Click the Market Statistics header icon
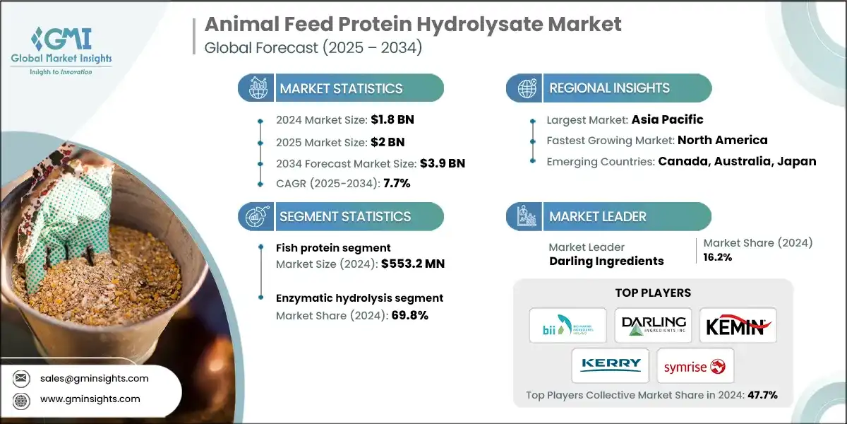pos(256,88)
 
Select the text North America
pos(722,140)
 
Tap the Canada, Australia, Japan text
pos(737,161)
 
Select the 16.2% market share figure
pos(719,257)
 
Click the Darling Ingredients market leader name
pos(606,261)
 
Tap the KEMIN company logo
pos(738,325)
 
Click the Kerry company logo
pos(611,365)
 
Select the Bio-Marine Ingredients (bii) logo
pos(567,325)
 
